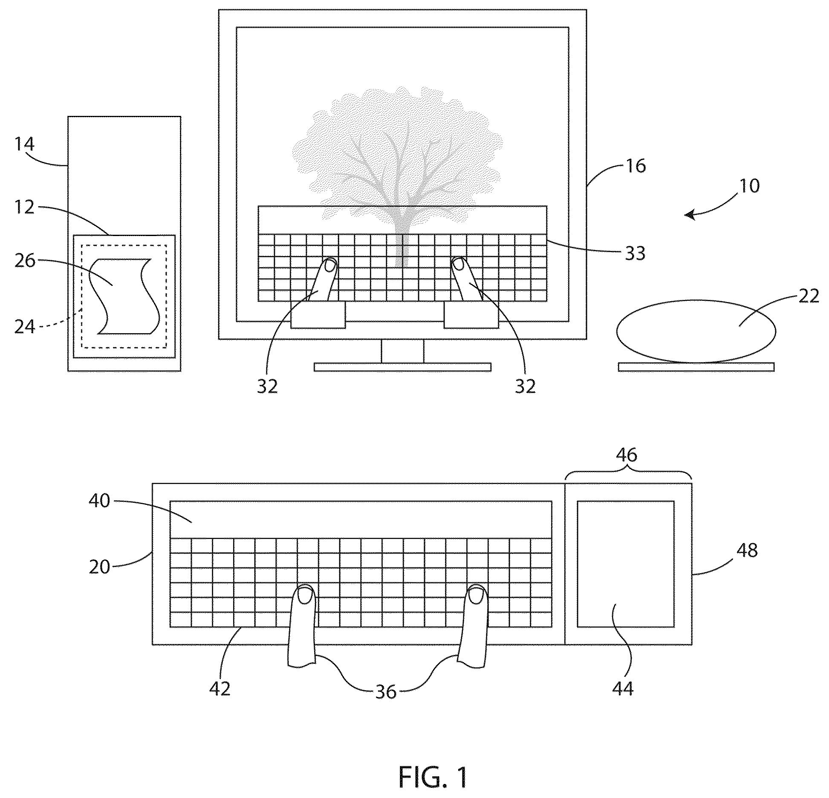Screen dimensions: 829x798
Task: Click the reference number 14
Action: pyautogui.click(x=24, y=145)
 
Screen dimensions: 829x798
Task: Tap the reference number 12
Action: pyautogui.click(x=24, y=208)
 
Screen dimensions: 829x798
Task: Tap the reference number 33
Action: pyautogui.click(x=635, y=253)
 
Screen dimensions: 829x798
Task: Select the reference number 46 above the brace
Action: pyautogui.click(x=627, y=455)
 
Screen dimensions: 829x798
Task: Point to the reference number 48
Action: pyautogui.click(x=747, y=550)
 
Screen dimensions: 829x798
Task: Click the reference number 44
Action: pyautogui.click(x=623, y=700)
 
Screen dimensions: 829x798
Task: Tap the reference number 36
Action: pyautogui.click(x=386, y=704)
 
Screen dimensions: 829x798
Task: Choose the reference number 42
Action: pyautogui.click(x=220, y=700)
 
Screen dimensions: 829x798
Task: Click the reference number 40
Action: pyautogui.click(x=99, y=501)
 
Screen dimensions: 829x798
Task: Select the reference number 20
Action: pyautogui.click(x=99, y=567)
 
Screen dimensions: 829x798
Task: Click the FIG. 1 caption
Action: pyautogui.click(x=433, y=777)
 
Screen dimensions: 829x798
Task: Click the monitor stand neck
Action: pyautogui.click(x=402, y=351)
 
